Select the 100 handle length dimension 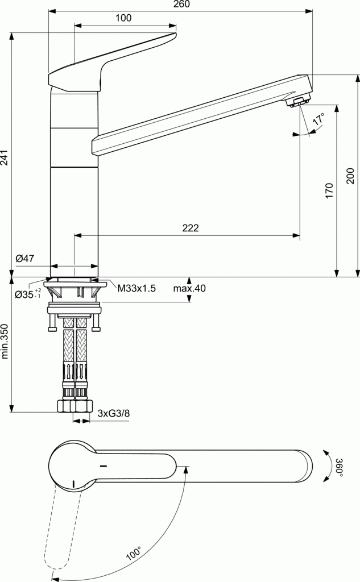click(x=123, y=18)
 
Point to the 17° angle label click(x=319, y=119)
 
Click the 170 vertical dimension click(x=329, y=190)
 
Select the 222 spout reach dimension click(x=191, y=228)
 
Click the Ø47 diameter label click(x=25, y=259)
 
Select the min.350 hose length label click(x=5, y=342)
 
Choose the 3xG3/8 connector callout click(x=114, y=413)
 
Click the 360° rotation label click(x=339, y=467)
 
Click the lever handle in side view click(x=114, y=57)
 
